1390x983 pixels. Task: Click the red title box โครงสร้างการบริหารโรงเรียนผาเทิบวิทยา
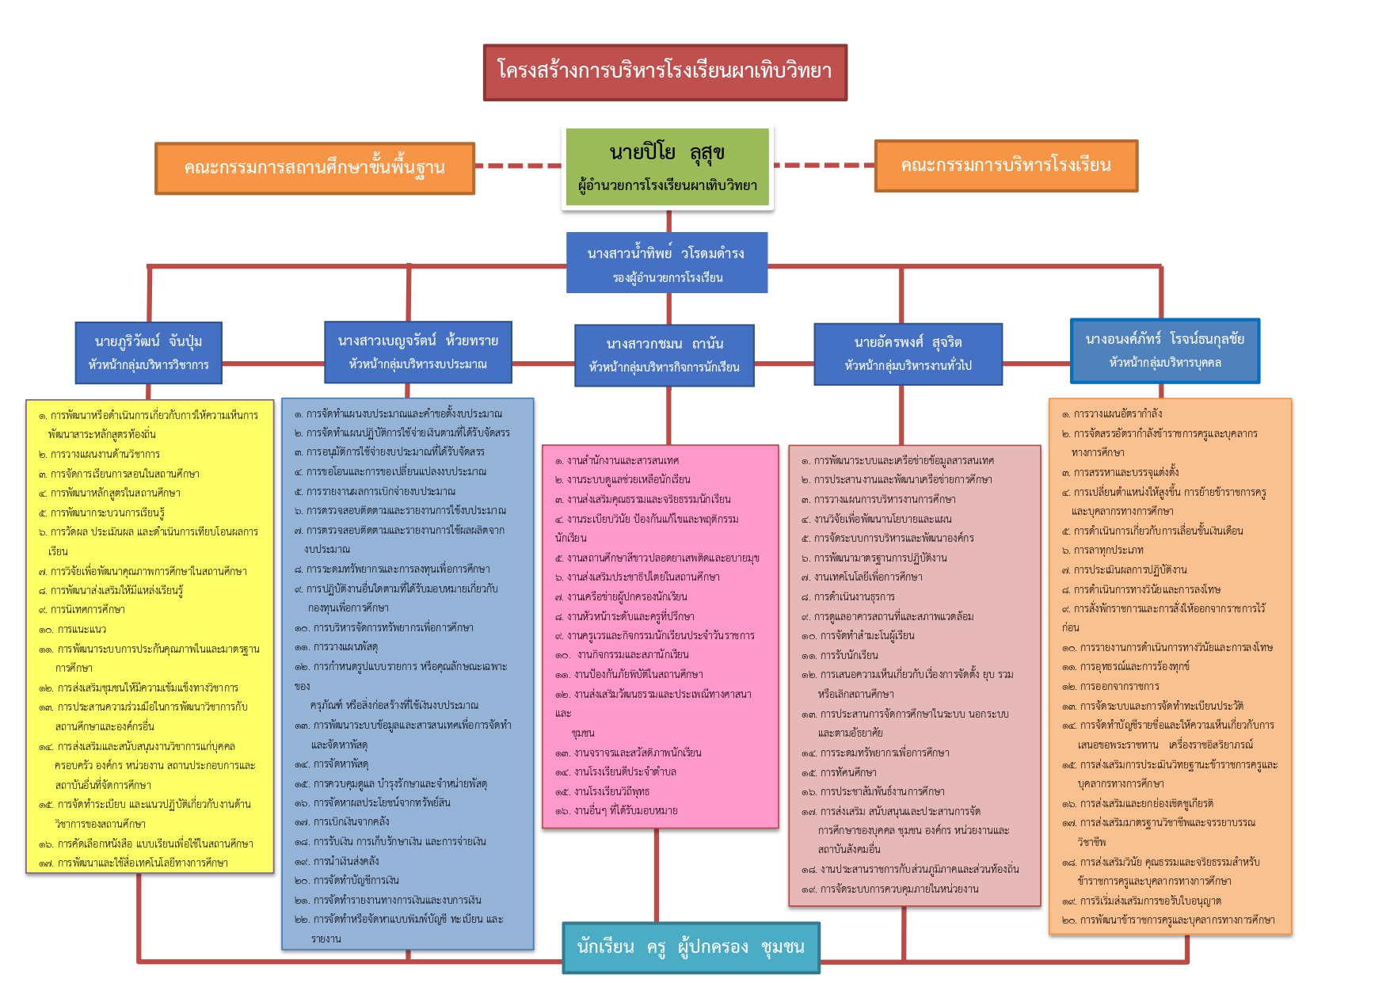tap(665, 72)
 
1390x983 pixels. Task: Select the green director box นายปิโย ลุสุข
tap(667, 166)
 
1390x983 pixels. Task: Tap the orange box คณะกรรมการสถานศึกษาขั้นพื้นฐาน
tap(314, 168)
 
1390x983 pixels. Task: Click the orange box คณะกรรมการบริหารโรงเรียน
tap(1005, 166)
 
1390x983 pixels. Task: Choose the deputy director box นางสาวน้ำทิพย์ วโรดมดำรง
tap(666, 262)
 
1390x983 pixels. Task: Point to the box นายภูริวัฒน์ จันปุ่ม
tap(148, 352)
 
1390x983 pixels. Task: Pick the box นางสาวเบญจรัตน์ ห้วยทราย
tap(417, 351)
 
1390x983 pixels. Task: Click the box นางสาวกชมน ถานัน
tap(664, 354)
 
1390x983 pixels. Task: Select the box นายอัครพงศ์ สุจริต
tap(908, 353)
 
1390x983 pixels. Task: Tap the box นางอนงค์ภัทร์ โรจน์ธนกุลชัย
tap(1164, 350)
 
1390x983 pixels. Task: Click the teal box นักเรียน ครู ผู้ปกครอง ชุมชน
tap(691, 947)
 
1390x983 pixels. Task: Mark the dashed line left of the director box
tap(519, 166)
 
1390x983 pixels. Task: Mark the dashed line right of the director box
tap(824, 166)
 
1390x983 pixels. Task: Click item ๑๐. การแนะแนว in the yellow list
tap(82, 630)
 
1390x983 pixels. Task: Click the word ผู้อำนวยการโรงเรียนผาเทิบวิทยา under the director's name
tap(667, 186)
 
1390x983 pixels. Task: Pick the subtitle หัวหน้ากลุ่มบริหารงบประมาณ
tap(417, 364)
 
